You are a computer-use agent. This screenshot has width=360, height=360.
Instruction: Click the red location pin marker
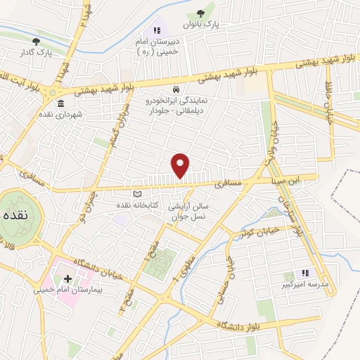point(181,165)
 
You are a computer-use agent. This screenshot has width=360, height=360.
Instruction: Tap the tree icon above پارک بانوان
point(202,13)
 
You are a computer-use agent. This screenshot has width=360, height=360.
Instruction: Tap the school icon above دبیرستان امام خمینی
point(157,30)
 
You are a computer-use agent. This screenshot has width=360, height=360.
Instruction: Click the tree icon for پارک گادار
point(36,41)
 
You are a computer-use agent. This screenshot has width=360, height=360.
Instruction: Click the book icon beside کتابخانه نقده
point(137,194)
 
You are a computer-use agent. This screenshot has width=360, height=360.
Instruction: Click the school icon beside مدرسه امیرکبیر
point(304,273)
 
